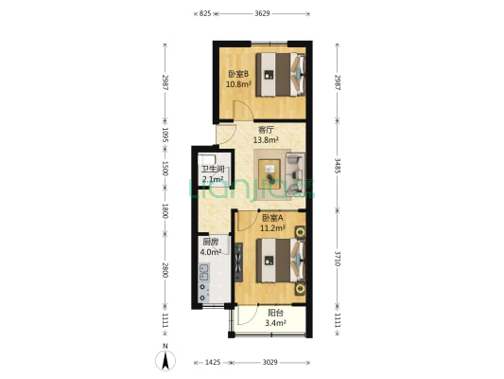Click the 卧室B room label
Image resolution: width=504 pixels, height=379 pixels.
pyautogui.click(x=237, y=74)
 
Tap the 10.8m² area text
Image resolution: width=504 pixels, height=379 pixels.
pyautogui.click(x=237, y=83)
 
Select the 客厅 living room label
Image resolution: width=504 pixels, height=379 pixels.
pyautogui.click(x=266, y=130)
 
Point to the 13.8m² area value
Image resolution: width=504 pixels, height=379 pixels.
pyautogui.click(x=266, y=140)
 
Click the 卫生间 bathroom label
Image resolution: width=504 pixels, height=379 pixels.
pyautogui.click(x=211, y=170)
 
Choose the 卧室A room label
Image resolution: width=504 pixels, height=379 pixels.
pyautogui.click(x=273, y=218)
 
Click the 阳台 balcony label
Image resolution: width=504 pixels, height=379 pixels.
pyautogui.click(x=276, y=312)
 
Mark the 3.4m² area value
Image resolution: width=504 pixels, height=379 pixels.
pyautogui.click(x=276, y=322)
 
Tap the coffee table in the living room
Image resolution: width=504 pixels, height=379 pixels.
pyautogui.click(x=273, y=171)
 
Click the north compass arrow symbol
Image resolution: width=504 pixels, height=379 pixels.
pyautogui.click(x=165, y=358)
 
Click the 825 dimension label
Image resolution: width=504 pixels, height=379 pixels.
pyautogui.click(x=204, y=13)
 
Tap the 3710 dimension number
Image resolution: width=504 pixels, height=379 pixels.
pyautogui.click(x=336, y=258)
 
